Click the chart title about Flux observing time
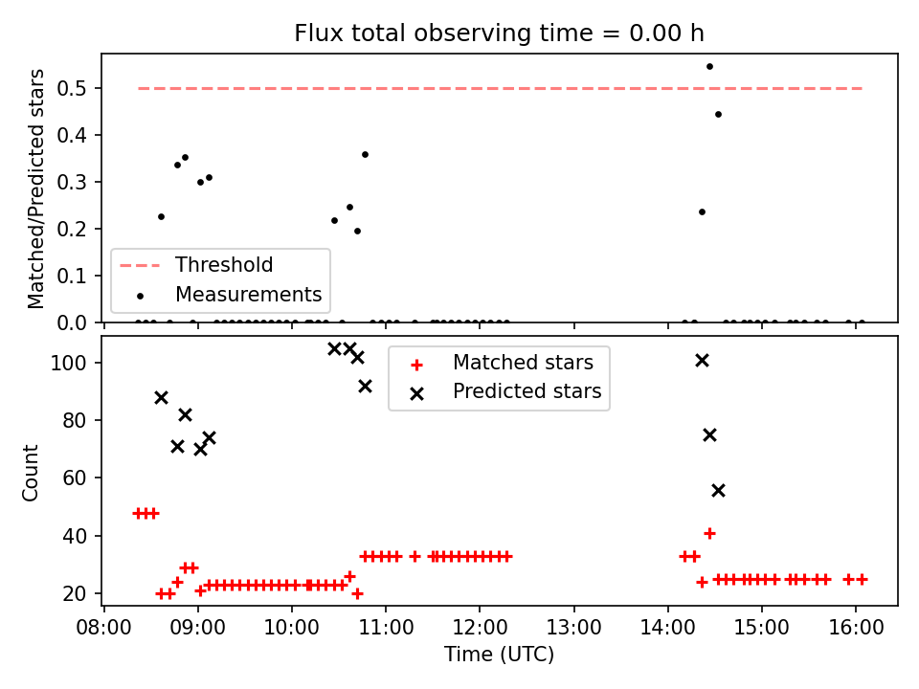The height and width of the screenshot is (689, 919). [499, 33]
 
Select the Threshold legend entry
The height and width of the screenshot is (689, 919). [195, 265]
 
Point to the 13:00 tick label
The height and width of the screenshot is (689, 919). [573, 628]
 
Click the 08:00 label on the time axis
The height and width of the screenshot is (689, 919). [103, 628]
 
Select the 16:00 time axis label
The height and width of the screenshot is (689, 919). [856, 628]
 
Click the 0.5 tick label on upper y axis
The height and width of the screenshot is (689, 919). [72, 88]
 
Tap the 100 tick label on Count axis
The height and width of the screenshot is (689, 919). [68, 364]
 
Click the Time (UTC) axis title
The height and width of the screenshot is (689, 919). [499, 655]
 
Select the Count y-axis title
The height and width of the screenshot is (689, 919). [30, 473]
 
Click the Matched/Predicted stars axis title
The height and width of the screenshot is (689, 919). [35, 189]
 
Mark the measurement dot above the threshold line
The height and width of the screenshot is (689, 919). [709, 67]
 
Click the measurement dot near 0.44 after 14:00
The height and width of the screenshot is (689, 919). [718, 114]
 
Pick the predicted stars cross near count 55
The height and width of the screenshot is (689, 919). [718, 490]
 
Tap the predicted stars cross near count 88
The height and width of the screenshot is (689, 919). [161, 398]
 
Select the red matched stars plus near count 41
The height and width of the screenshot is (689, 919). [709, 534]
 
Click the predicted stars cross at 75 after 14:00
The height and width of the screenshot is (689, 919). [709, 435]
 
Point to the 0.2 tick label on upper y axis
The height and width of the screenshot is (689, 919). [72, 229]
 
